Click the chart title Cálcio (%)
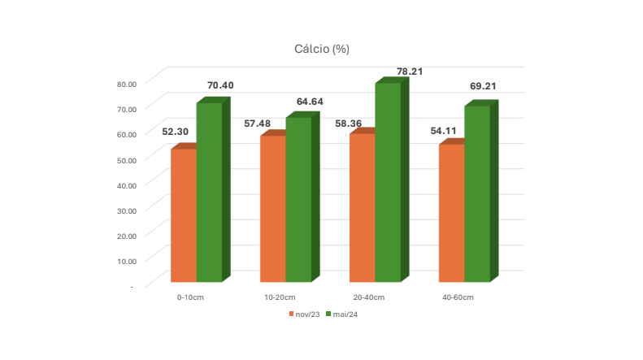click(x=322, y=50)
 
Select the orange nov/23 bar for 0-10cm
click(x=184, y=215)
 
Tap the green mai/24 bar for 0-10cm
click(x=209, y=193)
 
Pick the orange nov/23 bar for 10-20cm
click(x=273, y=209)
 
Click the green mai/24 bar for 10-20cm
click(x=298, y=200)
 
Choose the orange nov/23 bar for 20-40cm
click(x=363, y=207)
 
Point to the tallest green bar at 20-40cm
click(x=388, y=183)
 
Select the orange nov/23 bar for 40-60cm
click(x=452, y=213)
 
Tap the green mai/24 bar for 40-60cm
click(x=477, y=194)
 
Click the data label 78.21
click(x=410, y=72)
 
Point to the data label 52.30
click(x=175, y=132)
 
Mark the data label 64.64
click(x=310, y=102)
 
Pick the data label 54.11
click(x=443, y=131)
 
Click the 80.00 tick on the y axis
click(x=127, y=84)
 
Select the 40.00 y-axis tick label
click(x=127, y=186)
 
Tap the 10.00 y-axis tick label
click(x=127, y=261)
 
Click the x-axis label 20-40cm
click(x=369, y=297)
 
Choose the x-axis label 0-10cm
click(x=190, y=297)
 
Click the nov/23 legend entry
click(x=304, y=314)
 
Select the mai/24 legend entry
click(x=341, y=314)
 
